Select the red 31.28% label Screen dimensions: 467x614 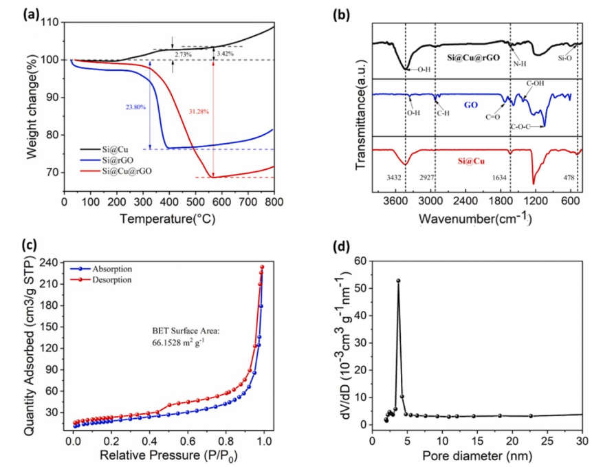[199, 111]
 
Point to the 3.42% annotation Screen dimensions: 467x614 [226, 53]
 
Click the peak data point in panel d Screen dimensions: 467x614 [398, 281]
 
